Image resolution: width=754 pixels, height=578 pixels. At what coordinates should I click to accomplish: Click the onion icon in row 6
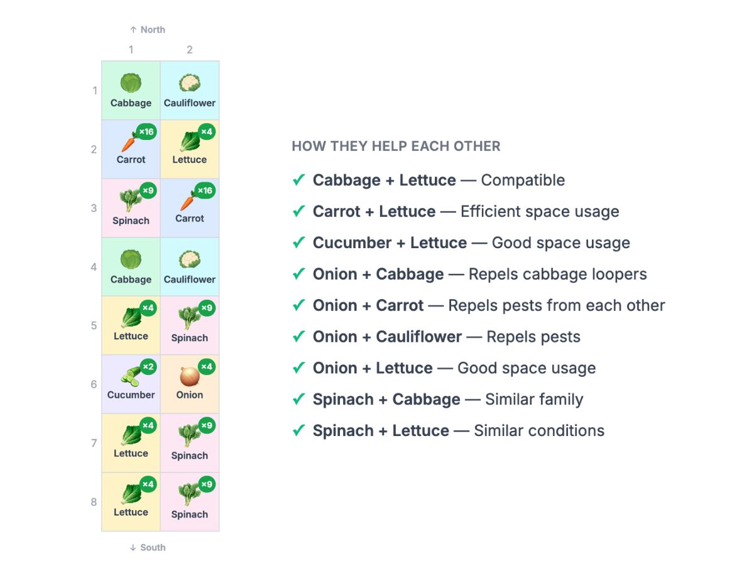pyautogui.click(x=190, y=376)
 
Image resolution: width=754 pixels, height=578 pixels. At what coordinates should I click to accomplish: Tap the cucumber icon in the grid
pyautogui.click(x=131, y=377)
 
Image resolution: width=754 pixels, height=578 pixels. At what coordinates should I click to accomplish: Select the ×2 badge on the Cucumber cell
pyautogui.click(x=148, y=367)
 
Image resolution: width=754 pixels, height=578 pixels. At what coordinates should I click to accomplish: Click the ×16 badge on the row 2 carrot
pyautogui.click(x=146, y=132)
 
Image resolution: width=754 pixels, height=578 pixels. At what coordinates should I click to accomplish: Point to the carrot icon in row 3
pyautogui.click(x=188, y=201)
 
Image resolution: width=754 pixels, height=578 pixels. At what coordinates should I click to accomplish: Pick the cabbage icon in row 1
pyautogui.click(x=131, y=83)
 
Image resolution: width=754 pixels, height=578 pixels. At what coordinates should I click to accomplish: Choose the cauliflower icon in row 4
pyautogui.click(x=190, y=259)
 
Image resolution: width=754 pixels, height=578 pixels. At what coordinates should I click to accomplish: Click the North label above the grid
pyautogui.click(x=148, y=30)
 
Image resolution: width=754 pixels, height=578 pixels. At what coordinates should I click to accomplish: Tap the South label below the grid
pyautogui.click(x=148, y=547)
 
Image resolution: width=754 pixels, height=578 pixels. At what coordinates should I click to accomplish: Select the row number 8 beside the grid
pyautogui.click(x=94, y=502)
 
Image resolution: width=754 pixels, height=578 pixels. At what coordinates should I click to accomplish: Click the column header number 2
pyautogui.click(x=190, y=50)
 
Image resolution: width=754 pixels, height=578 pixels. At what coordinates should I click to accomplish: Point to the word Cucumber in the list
pyautogui.click(x=352, y=243)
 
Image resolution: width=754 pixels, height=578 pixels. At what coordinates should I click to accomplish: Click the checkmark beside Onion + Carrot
pyautogui.click(x=298, y=305)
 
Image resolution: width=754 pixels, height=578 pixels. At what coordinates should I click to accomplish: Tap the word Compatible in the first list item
pyautogui.click(x=523, y=180)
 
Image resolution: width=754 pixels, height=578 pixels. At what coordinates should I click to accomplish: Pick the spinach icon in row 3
pyautogui.click(x=131, y=200)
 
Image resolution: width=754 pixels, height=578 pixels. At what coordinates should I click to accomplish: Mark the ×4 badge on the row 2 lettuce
pyautogui.click(x=207, y=132)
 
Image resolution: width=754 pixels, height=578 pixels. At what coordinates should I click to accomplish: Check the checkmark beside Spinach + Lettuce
pyautogui.click(x=298, y=430)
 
